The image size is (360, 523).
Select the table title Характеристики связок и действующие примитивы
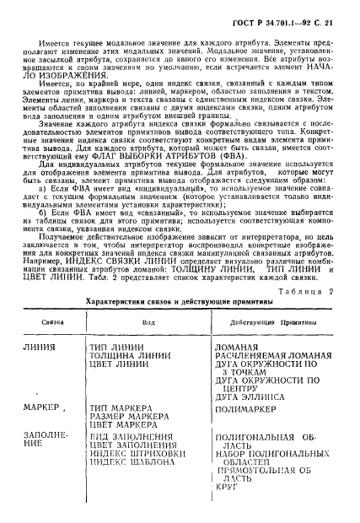tap(180, 301)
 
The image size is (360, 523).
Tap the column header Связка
tap(41, 321)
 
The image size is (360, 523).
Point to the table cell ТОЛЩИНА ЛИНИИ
tap(129, 356)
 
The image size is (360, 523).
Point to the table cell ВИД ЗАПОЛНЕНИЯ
tap(130, 439)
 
